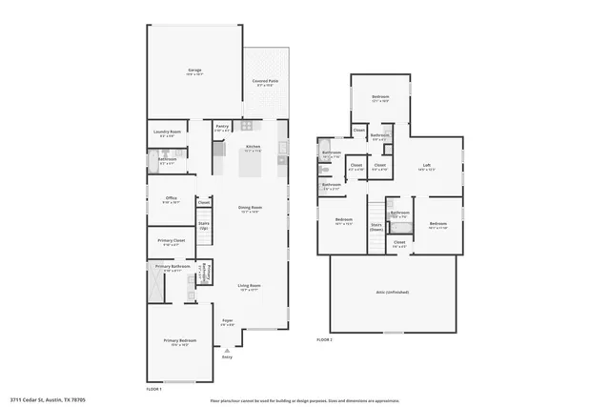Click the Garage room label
tap(194, 71)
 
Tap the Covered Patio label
tap(265, 83)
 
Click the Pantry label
tap(221, 126)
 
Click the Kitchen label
tap(253, 147)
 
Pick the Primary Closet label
tap(172, 243)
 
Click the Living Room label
tap(249, 286)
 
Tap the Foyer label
tap(228, 321)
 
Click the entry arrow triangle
tap(227, 350)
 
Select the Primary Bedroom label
tap(178, 344)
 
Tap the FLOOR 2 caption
tap(325, 339)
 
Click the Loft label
tap(426, 167)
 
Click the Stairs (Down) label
tap(376, 228)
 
